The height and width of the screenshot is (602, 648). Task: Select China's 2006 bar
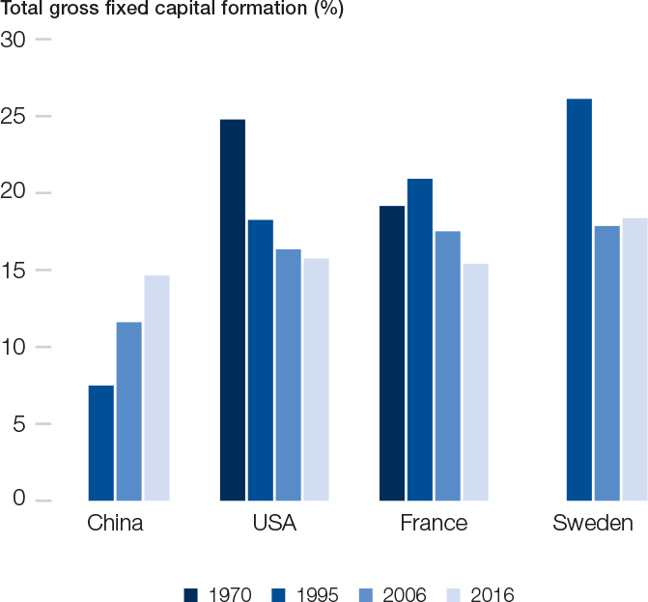click(x=129, y=411)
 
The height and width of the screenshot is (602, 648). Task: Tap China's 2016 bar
click(x=156, y=387)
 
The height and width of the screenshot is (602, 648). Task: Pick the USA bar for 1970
click(x=233, y=309)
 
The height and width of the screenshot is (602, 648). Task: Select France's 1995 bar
click(x=420, y=339)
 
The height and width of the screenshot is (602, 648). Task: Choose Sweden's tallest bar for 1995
click(x=579, y=300)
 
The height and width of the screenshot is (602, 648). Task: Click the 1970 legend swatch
click(x=190, y=593)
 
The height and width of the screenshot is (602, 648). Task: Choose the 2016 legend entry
click(x=482, y=593)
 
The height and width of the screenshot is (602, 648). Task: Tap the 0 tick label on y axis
click(x=18, y=500)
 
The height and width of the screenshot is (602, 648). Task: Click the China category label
click(x=115, y=525)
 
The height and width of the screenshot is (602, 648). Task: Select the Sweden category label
click(x=593, y=525)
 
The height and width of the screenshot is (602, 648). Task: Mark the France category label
click(x=434, y=525)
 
